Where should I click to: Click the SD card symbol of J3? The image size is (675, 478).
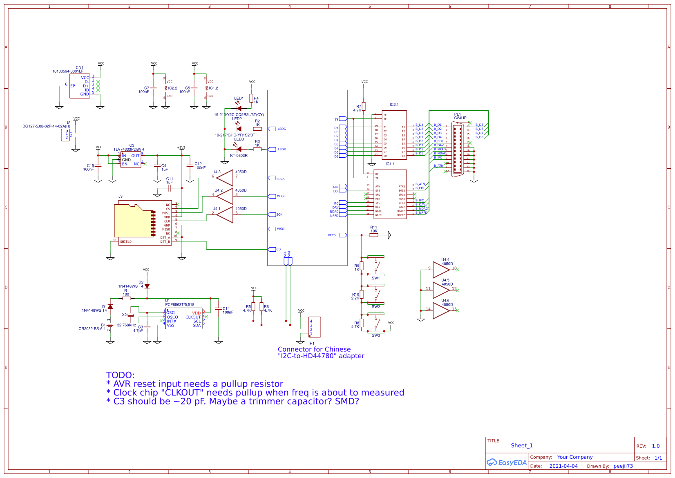(x=135, y=221)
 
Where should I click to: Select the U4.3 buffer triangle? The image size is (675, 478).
(x=225, y=178)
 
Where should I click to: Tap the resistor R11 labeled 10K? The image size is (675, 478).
(x=373, y=235)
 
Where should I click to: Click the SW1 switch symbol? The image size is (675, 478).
(x=376, y=266)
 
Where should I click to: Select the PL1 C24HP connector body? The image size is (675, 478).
(x=457, y=149)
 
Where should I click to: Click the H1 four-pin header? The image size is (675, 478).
(x=315, y=327)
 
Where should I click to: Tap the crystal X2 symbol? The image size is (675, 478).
(x=130, y=315)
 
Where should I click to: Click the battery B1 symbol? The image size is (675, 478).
(x=110, y=325)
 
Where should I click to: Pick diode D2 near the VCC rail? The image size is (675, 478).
(x=147, y=286)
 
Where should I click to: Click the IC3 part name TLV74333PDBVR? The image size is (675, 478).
(x=129, y=150)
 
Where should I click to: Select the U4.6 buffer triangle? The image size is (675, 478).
(x=440, y=310)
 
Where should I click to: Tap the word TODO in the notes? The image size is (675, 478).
(x=120, y=375)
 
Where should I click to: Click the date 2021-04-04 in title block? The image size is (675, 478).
(x=563, y=466)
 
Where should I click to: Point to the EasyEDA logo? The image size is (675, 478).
(x=506, y=462)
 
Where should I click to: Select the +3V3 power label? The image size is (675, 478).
(x=181, y=147)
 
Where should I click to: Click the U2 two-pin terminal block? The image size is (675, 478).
(x=65, y=135)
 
